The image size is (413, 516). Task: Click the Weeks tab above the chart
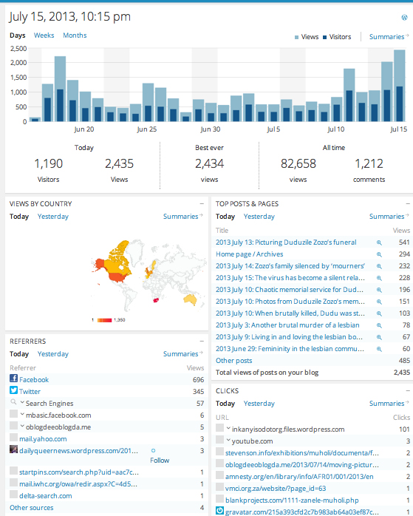(x=44, y=35)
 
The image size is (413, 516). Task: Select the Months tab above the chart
(x=75, y=35)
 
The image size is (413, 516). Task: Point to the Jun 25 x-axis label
(x=147, y=129)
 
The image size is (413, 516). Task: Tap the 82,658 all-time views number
(x=298, y=163)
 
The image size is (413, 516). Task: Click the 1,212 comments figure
(x=369, y=163)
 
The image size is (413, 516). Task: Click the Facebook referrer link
(x=34, y=379)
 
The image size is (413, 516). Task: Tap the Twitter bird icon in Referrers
(x=14, y=390)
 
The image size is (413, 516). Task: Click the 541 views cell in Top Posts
(x=403, y=242)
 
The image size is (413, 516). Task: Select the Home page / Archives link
(x=249, y=254)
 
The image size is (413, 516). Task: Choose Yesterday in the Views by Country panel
(x=52, y=217)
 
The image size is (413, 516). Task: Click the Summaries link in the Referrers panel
(x=180, y=354)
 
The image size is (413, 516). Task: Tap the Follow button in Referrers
(x=160, y=459)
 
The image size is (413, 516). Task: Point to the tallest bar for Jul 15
(x=399, y=85)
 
